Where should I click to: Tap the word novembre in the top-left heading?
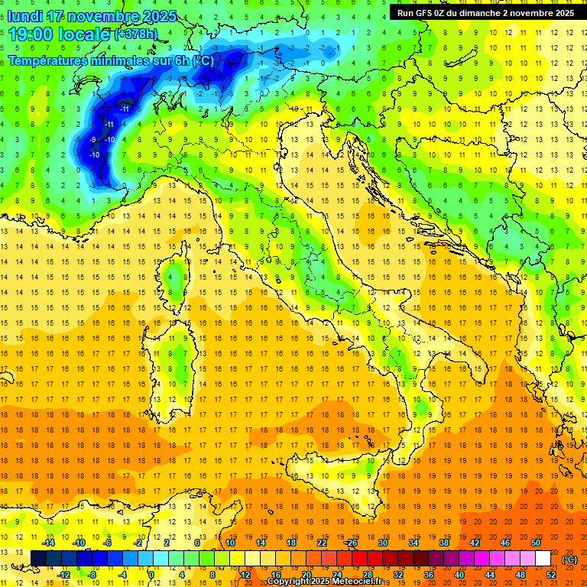tap(103, 16)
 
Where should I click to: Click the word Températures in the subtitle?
tap(54, 60)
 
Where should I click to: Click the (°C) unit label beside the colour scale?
tap(570, 559)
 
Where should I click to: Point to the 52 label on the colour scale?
tap(551, 574)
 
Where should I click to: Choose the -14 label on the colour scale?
tap(49, 543)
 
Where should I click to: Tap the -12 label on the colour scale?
tap(64, 574)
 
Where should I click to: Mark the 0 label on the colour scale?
tap(151, 574)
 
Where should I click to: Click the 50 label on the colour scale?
tap(535, 543)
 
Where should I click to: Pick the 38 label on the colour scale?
tap(443, 543)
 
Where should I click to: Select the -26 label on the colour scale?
tap(351, 543)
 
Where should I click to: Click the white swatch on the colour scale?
tap(543, 558)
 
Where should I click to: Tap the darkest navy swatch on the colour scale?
tap(38, 558)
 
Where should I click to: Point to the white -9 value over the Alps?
tap(92, 139)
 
